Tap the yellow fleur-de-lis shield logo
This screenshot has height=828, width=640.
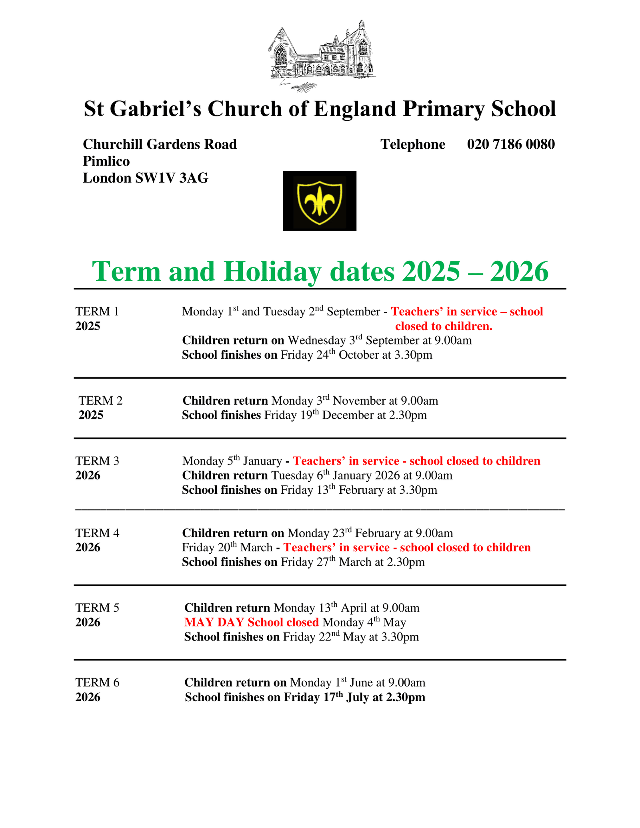320,201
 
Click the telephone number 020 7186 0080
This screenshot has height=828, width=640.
511,144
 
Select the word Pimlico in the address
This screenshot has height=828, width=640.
106,161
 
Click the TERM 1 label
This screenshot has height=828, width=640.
97,311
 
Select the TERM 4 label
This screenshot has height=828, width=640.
97,533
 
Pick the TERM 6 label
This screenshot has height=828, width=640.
97,682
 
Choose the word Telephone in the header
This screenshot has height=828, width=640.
413,144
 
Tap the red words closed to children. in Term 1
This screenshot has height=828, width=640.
444,326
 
